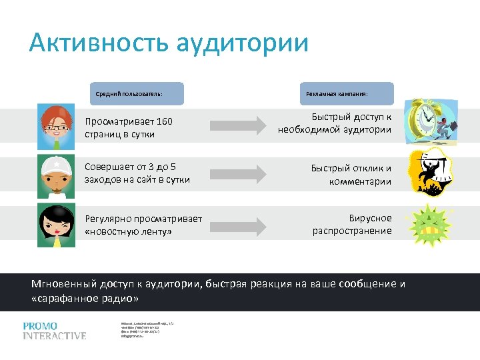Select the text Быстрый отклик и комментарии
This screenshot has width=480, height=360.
click(351, 175)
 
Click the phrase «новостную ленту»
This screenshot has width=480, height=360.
click(128, 231)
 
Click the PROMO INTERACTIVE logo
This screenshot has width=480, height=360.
click(54, 331)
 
